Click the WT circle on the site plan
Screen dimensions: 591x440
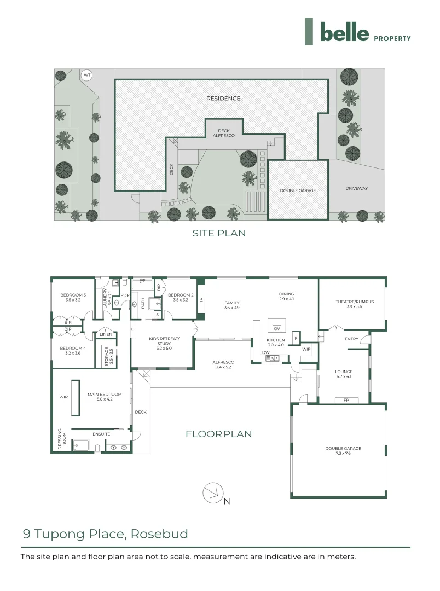(86, 75)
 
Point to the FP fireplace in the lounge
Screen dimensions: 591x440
(346, 400)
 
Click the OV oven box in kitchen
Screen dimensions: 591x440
(276, 328)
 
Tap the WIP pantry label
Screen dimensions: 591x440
(306, 349)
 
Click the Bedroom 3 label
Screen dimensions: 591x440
(73, 298)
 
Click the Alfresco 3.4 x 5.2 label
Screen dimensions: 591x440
(223, 364)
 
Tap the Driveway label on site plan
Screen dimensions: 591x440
(356, 189)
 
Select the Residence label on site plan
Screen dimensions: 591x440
(223, 99)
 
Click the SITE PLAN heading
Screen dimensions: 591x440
(219, 233)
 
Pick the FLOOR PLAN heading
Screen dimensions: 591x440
(219, 434)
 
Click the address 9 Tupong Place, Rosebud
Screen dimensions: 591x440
(105, 534)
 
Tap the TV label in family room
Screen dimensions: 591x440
(201, 300)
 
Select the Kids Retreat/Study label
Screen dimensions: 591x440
(164, 343)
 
